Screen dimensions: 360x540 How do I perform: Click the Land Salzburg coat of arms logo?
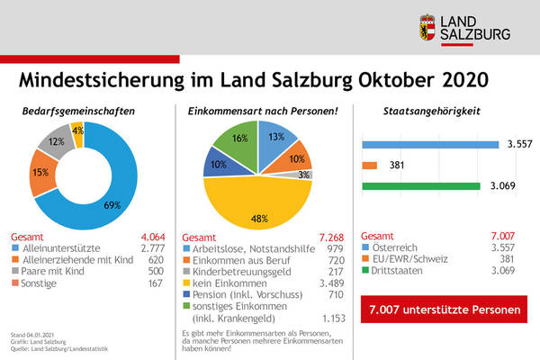click(429, 28)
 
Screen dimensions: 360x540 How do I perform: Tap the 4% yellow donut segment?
click(77, 130)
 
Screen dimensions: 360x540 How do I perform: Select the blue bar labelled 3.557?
click(429, 144)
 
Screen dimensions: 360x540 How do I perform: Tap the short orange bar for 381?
click(369, 166)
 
